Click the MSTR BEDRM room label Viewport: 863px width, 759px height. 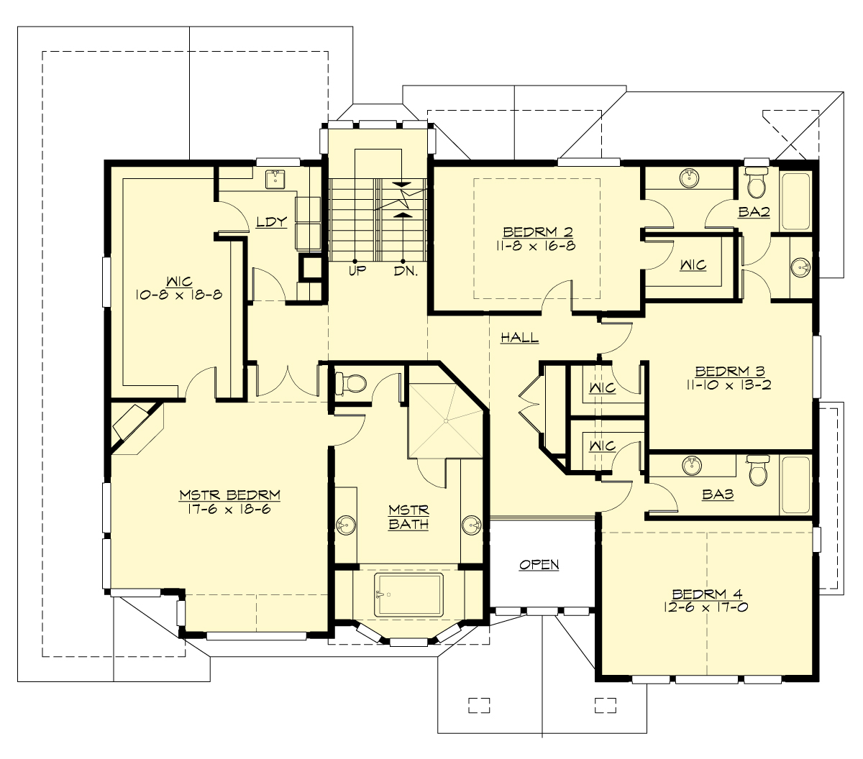tap(229, 495)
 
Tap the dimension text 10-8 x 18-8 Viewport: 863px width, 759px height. tap(178, 294)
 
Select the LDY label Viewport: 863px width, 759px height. tap(272, 222)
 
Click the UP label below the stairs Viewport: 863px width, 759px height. tap(357, 271)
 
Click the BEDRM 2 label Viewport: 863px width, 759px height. tap(538, 232)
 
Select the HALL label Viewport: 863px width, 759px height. tap(519, 337)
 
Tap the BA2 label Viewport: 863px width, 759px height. tap(754, 212)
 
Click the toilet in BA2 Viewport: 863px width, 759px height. tap(755, 183)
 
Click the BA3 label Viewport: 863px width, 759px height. tap(718, 495)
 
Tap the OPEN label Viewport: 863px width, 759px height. tap(539, 565)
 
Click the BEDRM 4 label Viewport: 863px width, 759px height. tap(707, 594)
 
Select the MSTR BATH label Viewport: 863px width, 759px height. tap(408, 517)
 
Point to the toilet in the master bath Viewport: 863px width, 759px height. tap(351, 382)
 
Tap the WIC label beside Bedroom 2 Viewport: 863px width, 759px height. tap(693, 265)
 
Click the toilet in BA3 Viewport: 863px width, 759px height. tap(758, 471)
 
